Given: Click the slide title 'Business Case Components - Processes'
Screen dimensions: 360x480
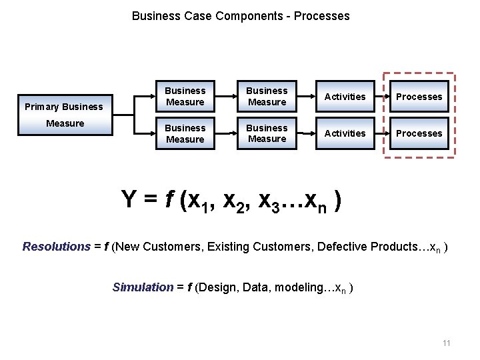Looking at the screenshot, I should (x=240, y=15).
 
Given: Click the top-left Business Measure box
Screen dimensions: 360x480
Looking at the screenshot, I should (x=185, y=97).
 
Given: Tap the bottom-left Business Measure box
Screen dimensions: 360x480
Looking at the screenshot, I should (x=185, y=133).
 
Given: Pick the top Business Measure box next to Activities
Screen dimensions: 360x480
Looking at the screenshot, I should (x=267, y=97).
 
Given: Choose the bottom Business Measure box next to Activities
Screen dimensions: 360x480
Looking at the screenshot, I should (x=267, y=133).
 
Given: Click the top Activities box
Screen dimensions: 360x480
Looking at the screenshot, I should (x=345, y=97).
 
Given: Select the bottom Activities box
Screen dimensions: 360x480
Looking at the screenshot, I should (x=345, y=133).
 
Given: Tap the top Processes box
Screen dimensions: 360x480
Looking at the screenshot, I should (x=419, y=97).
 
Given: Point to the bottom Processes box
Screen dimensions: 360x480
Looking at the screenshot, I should (x=419, y=133).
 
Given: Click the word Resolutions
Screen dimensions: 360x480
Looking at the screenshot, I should (x=56, y=247).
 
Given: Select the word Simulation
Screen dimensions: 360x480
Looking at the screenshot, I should (x=143, y=287).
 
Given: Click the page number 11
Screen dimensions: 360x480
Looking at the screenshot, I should (x=446, y=343).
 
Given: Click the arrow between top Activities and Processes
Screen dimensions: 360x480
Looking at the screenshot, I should (x=380, y=97).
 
